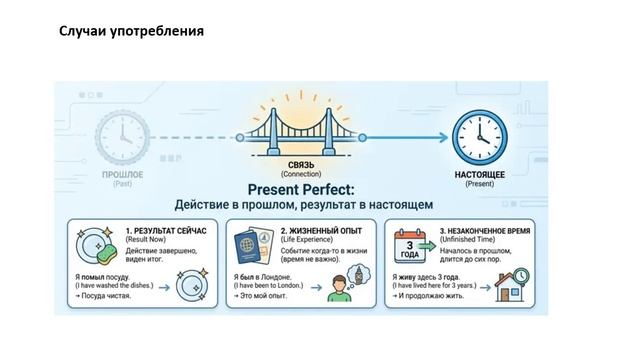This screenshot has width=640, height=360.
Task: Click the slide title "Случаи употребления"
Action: (x=131, y=31)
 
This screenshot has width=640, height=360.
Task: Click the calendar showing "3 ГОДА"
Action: (x=411, y=246)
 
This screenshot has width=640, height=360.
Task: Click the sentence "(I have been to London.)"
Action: (x=275, y=287)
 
